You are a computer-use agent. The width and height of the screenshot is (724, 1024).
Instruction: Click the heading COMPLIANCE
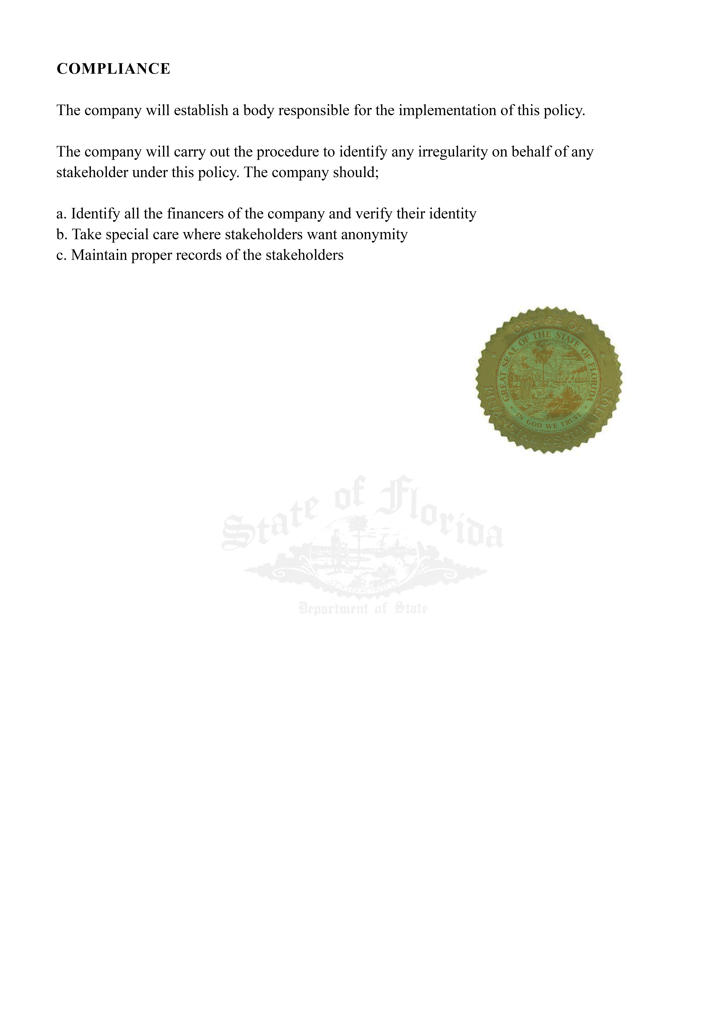click(x=113, y=69)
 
